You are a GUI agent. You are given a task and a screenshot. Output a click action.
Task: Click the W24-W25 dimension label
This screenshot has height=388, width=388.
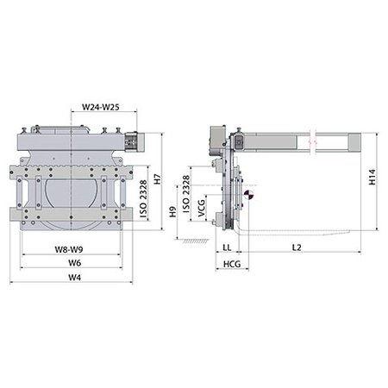click(x=100, y=107)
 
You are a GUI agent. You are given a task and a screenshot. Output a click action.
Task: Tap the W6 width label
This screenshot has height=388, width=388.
click(x=75, y=262)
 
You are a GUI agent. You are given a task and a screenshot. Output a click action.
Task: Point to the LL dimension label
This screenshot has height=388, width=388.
click(x=227, y=247)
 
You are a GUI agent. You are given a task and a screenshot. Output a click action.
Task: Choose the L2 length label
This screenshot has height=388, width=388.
click(x=295, y=247)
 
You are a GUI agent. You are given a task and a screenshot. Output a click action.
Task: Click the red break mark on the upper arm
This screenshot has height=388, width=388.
click(x=316, y=138)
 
